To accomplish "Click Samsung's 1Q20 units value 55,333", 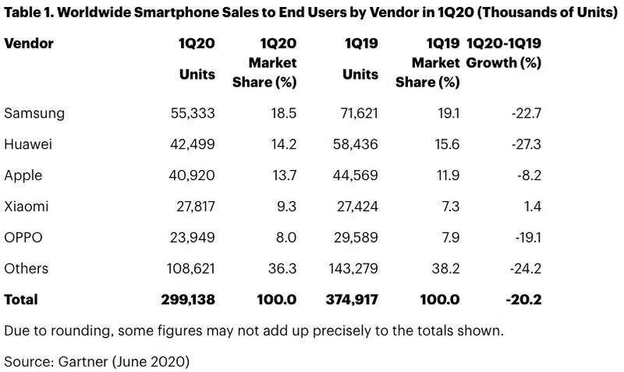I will (x=193, y=113).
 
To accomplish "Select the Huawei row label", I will (x=28, y=144).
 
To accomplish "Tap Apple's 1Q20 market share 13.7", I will (x=282, y=175).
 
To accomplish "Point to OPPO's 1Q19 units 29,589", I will (x=356, y=238).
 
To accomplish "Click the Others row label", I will (x=27, y=268).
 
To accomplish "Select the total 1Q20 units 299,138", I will (x=188, y=299).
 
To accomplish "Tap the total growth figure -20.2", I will (x=523, y=299).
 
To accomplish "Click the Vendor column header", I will (x=29, y=44).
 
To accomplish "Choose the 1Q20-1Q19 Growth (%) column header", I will (x=504, y=52).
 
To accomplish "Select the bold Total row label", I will (x=21, y=299).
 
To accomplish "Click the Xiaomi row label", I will (x=27, y=207).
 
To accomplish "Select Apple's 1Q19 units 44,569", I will (x=356, y=175).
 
